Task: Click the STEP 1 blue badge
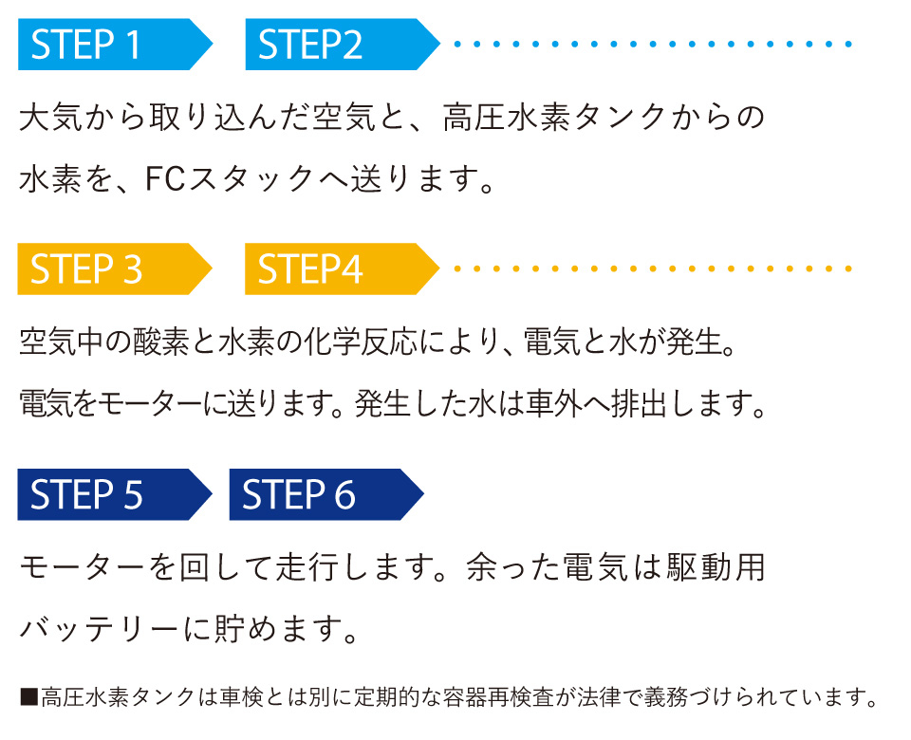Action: click(104, 45)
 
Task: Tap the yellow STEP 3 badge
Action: click(104, 269)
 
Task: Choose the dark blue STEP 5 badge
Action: click(104, 495)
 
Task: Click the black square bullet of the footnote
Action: click(28, 698)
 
